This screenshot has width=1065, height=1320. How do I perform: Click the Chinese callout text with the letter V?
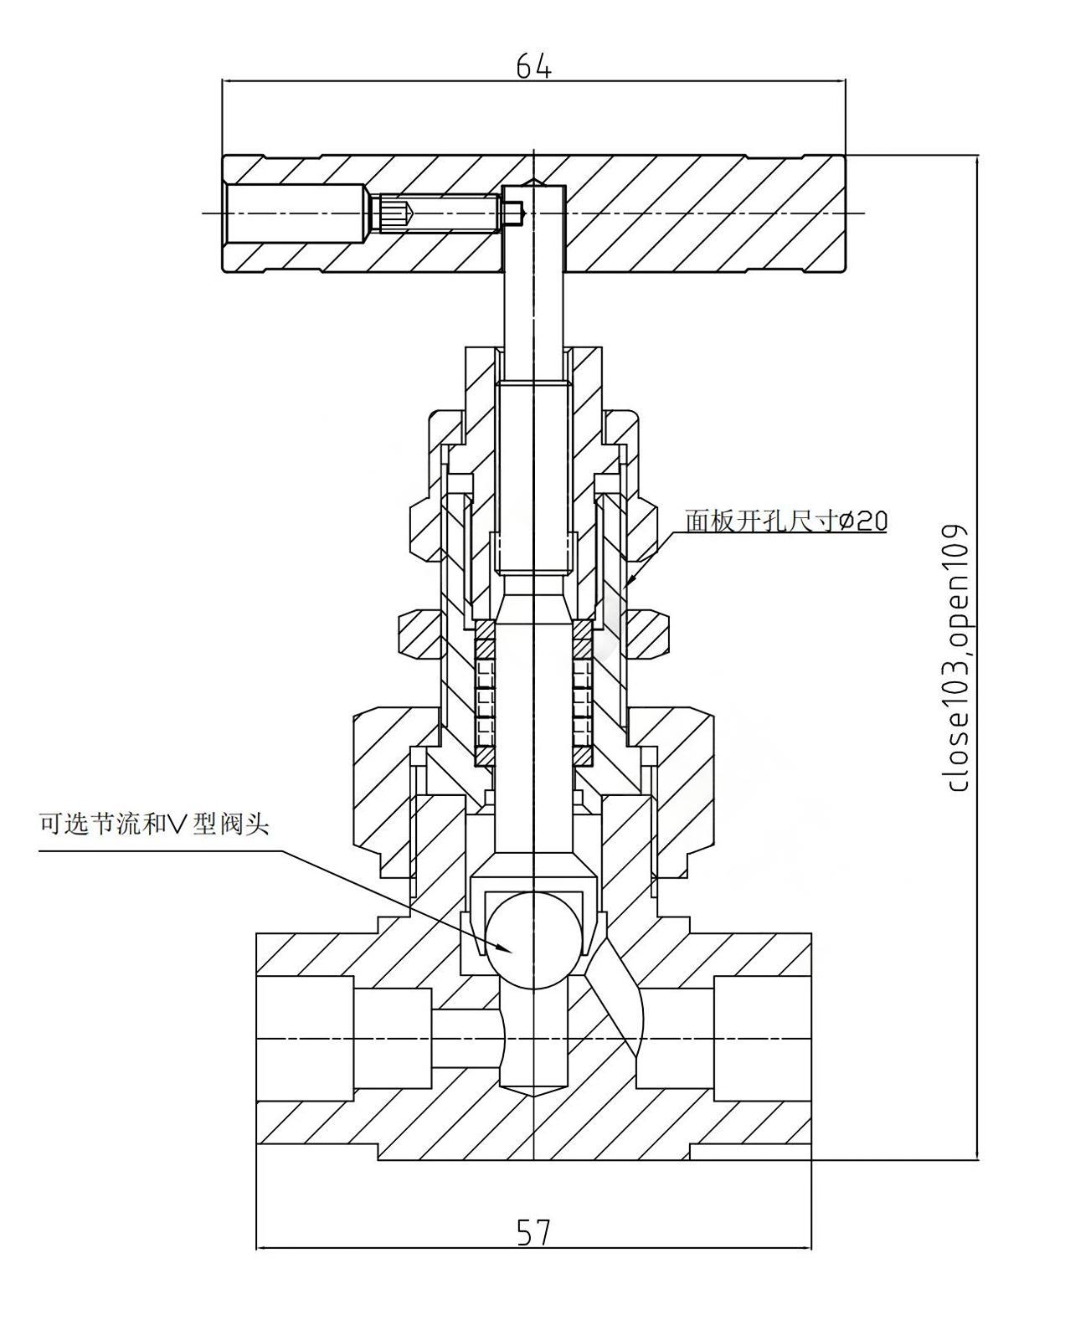[154, 824]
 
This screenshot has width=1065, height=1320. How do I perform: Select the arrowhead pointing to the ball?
[505, 948]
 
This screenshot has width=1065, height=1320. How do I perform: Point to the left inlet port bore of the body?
[306, 1038]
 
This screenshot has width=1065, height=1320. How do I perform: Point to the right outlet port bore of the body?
[762, 1038]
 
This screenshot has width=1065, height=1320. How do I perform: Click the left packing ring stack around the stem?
[485, 693]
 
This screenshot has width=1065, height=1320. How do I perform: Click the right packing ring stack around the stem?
[583, 693]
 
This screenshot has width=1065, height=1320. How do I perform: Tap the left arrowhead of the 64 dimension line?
[228, 81]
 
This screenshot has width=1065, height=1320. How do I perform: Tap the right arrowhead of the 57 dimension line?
[805, 1249]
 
